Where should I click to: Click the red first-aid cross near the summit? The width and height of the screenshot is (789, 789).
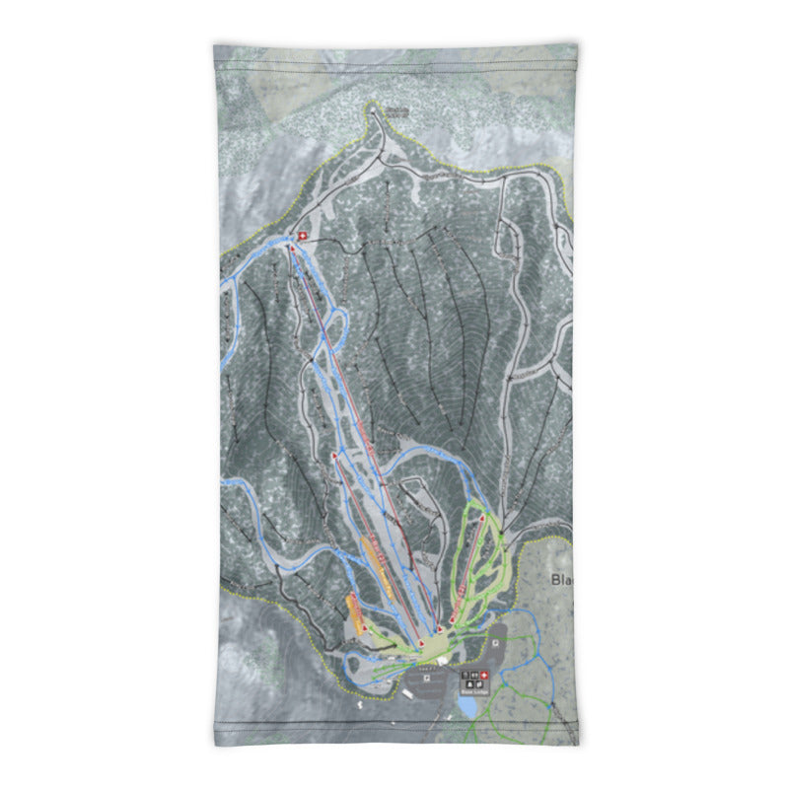click(x=303, y=237)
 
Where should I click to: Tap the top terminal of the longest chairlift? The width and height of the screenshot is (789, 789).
click(x=291, y=248)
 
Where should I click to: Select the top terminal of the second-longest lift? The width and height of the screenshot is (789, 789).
click(x=335, y=457)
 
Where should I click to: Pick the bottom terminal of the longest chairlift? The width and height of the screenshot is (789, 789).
click(x=438, y=628)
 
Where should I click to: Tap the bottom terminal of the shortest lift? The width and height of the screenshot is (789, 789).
click(x=363, y=628)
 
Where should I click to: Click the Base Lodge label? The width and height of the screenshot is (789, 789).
click(x=473, y=693)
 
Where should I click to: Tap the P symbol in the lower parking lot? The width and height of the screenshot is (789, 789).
click(x=426, y=678)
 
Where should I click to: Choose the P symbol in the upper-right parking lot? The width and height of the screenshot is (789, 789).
click(x=493, y=642)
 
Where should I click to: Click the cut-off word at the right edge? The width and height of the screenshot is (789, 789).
click(x=562, y=581)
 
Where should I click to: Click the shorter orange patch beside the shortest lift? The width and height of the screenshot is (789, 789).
click(x=352, y=611)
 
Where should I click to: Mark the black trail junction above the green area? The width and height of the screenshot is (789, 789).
click(x=502, y=534)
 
